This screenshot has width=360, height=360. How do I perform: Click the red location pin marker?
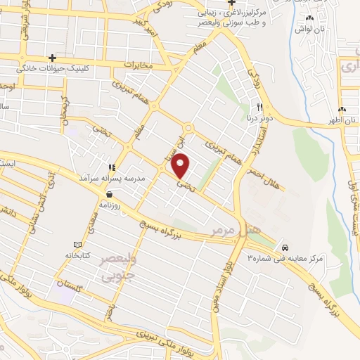(x=182, y=166)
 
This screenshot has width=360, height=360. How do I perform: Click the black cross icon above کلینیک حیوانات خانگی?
(x=51, y=58)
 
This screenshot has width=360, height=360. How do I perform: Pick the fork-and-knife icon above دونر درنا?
(x=259, y=107)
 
